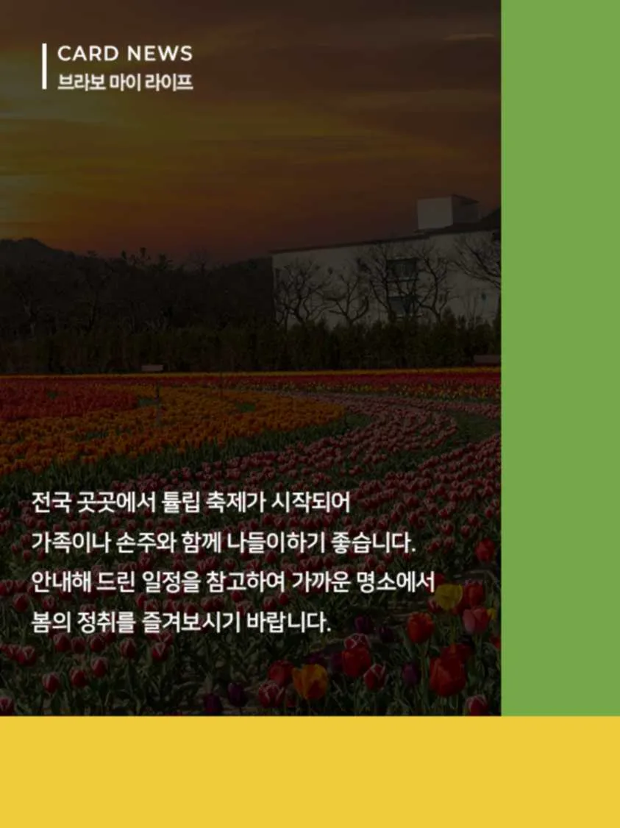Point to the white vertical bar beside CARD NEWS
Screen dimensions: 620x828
(x=44, y=66)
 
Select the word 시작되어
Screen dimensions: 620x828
(x=310, y=503)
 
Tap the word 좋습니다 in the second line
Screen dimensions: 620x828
(x=371, y=542)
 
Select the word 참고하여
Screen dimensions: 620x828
(x=243, y=582)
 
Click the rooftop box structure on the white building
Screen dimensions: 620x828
(x=447, y=212)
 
